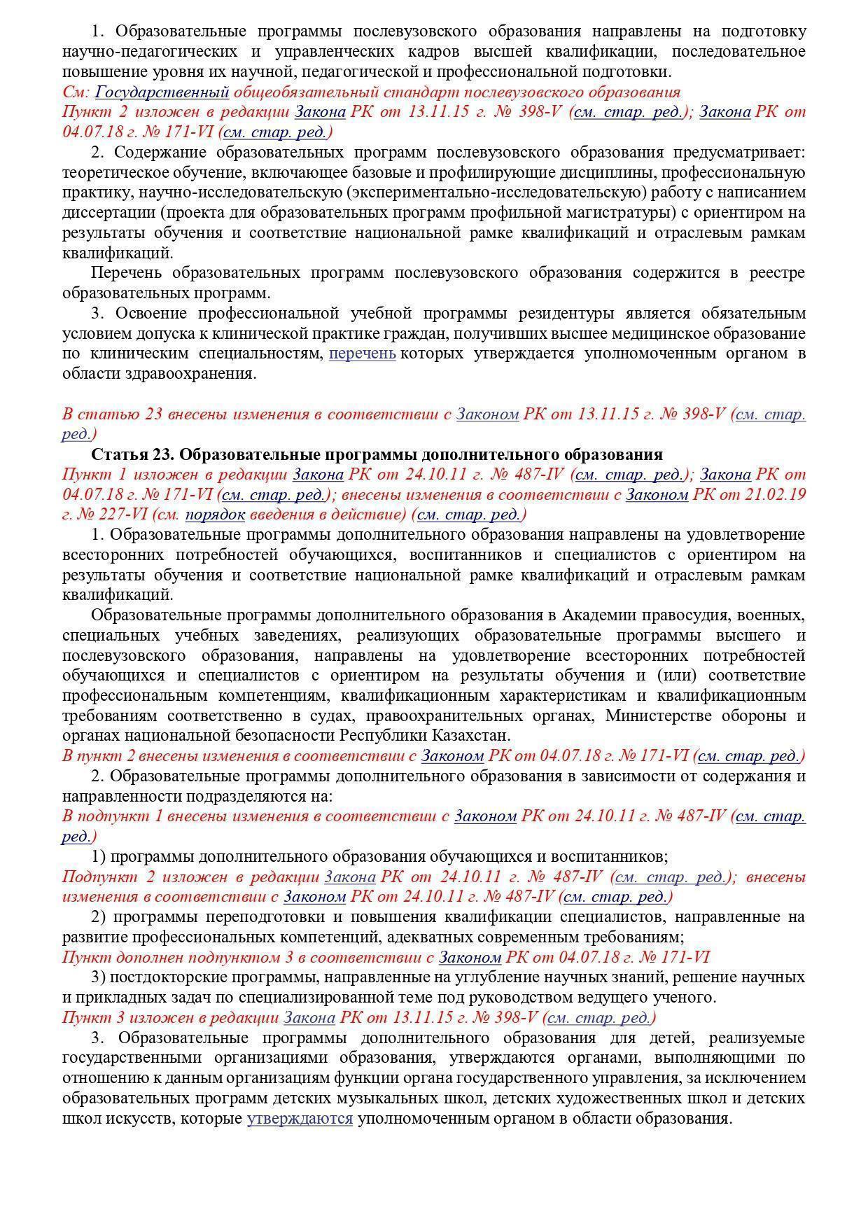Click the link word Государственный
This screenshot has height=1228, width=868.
tap(162, 92)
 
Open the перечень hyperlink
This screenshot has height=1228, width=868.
tap(362, 353)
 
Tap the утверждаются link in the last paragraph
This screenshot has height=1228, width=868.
tap(300, 1118)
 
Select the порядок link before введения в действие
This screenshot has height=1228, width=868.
tap(215, 515)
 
